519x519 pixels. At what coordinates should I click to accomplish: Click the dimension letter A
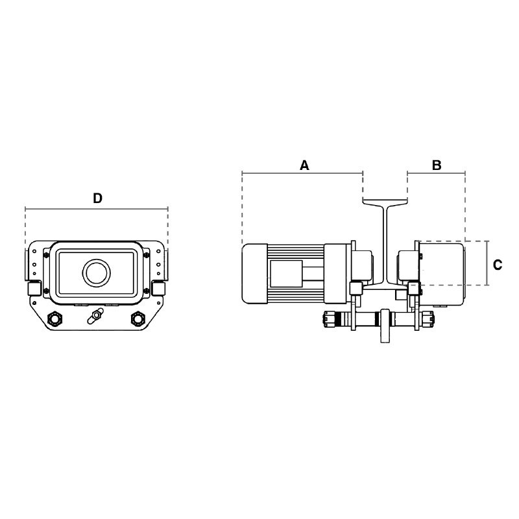tap(304, 165)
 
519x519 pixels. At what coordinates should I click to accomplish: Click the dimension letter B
tap(437, 165)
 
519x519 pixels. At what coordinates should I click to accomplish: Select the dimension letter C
tap(498, 265)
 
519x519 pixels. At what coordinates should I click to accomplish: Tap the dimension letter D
tap(97, 199)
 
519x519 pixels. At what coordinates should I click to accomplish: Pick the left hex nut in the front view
tap(54, 318)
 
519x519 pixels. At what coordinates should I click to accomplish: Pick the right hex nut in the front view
tap(138, 318)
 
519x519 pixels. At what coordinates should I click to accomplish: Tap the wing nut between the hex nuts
tap(95, 315)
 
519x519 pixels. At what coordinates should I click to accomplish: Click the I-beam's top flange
tap(385, 202)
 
